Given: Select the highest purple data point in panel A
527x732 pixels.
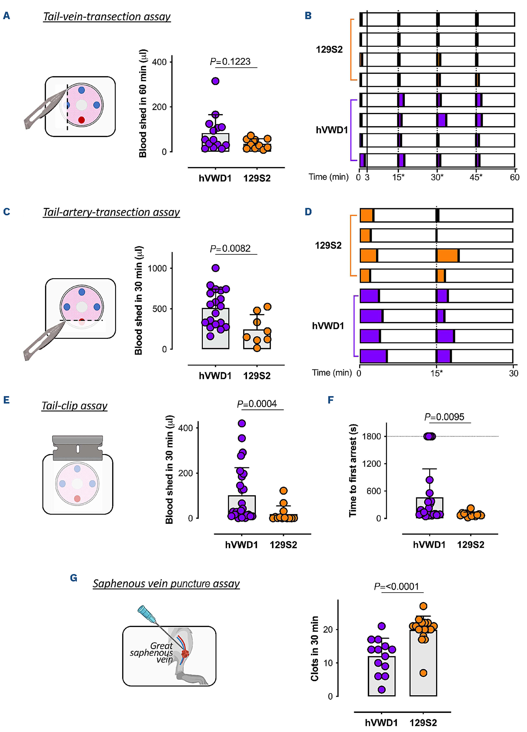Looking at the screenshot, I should [215, 81].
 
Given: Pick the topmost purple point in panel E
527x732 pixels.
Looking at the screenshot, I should [242, 423].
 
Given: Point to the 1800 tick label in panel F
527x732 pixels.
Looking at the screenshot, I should [372, 436].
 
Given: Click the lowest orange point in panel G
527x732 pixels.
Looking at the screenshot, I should [423, 673].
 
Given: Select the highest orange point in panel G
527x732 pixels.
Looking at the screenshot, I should [423, 606].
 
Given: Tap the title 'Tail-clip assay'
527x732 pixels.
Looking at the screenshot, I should [74, 406].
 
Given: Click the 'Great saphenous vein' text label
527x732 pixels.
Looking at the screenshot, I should [152, 653].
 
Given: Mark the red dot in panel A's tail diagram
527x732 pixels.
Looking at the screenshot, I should [81, 120].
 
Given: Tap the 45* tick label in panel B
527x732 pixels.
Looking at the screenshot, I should [476, 177].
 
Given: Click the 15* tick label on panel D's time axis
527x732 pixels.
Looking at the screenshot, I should [437, 373].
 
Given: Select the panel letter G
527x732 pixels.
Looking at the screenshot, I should [74, 578].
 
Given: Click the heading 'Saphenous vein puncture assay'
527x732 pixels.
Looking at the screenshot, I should [166, 583].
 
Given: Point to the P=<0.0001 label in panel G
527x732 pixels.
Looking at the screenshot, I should [396, 587].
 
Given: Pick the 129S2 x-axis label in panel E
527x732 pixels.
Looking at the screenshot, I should [283, 545].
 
